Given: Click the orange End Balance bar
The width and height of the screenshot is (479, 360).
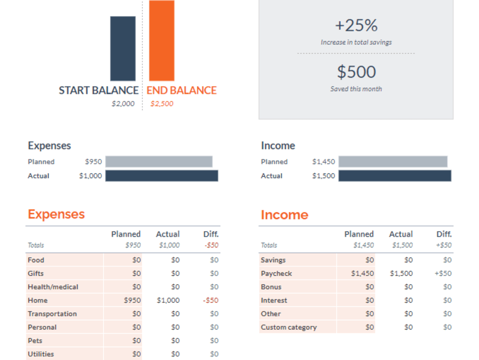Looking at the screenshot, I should click(161, 41).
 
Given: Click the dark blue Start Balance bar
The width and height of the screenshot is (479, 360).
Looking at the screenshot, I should click(123, 48).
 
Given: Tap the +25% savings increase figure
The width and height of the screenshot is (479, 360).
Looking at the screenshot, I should click(356, 25).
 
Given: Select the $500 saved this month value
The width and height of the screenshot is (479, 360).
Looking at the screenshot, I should click(356, 72).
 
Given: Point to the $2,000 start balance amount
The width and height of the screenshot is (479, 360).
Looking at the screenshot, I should click(123, 104).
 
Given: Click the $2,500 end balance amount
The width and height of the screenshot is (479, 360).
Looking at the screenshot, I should click(162, 104).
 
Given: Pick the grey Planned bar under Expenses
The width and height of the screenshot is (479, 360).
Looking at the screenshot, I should click(159, 162).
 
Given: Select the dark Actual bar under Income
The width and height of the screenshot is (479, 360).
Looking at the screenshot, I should click(395, 176).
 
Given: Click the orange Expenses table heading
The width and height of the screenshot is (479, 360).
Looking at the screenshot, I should click(56, 214).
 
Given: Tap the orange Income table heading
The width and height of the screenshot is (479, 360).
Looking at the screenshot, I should click(284, 215).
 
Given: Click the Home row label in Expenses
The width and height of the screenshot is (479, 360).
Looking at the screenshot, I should click(38, 300).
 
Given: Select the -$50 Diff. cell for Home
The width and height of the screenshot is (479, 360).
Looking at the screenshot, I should click(210, 300).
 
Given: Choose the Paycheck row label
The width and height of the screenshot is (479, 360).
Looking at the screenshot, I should click(276, 273).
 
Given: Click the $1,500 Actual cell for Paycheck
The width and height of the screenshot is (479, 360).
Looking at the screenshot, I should click(401, 273).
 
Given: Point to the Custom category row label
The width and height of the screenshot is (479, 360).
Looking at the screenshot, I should click(289, 327).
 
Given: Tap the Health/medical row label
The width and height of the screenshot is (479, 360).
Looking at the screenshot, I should click(53, 287).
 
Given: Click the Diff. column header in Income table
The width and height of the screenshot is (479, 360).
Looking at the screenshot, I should click(444, 234).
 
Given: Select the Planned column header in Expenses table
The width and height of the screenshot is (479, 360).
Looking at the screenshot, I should click(126, 234).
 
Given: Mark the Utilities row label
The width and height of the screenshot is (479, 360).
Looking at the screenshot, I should click(41, 354).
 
